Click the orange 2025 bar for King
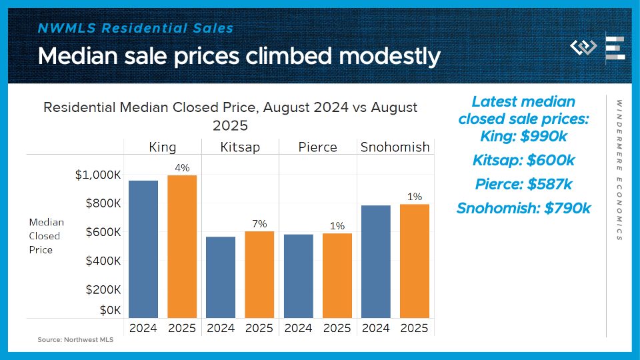pos(182,247)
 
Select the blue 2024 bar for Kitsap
pos(221,277)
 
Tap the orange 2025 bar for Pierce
pos(337,275)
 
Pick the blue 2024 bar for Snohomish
pos(376,261)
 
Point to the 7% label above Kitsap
pos(259,223)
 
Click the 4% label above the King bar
pos(182,168)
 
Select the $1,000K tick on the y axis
pos(98,175)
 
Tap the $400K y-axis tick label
pos(103,261)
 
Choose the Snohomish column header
pos(395,147)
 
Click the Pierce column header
pos(318,147)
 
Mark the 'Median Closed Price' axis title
pos(46,236)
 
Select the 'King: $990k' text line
pos(523,136)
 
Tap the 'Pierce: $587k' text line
pos(523,185)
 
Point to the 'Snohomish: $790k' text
pos(523,209)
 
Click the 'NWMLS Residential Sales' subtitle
pos(136,28)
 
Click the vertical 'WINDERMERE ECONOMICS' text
pos(619,171)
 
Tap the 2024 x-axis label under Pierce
pos(298,328)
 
